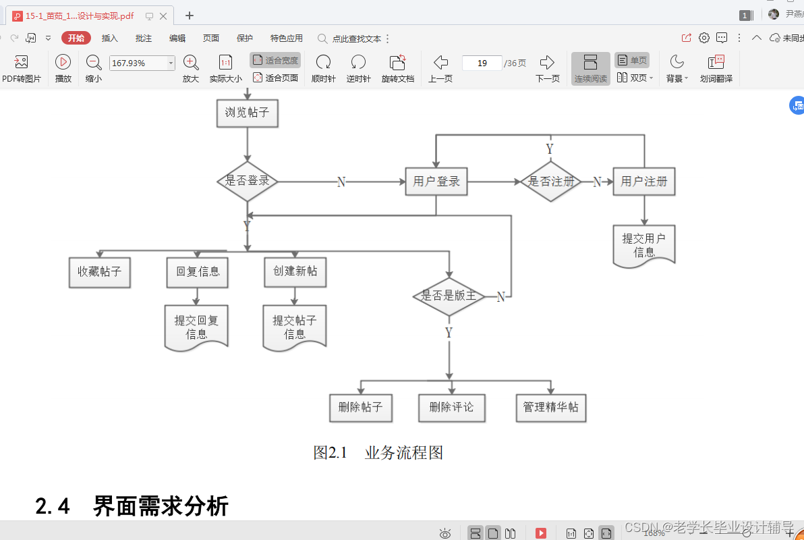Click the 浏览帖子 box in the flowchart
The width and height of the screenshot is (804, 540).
(x=247, y=113)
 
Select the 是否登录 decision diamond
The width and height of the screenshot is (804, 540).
(x=248, y=181)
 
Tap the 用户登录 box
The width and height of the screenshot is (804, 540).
(x=436, y=182)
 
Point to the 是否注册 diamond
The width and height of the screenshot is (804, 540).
(x=551, y=182)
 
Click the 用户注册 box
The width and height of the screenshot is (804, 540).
(x=644, y=182)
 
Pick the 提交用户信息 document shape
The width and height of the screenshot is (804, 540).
(x=644, y=246)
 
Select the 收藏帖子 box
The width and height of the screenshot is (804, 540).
(x=100, y=271)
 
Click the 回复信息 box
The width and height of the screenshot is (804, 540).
(x=198, y=271)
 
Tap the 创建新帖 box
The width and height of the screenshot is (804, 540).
(x=295, y=271)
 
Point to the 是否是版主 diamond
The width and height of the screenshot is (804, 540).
(x=449, y=296)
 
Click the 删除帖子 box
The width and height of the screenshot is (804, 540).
(x=361, y=408)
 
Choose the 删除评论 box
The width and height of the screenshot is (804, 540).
(x=451, y=408)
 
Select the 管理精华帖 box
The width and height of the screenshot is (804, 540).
(x=551, y=408)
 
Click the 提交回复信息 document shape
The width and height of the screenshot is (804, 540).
(x=196, y=327)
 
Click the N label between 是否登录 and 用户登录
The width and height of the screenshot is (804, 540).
(x=341, y=182)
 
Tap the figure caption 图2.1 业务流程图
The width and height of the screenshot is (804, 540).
(x=378, y=453)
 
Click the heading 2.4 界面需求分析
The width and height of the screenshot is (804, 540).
(x=132, y=506)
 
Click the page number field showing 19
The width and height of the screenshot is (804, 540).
(x=482, y=63)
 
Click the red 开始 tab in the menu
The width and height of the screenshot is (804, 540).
(x=76, y=38)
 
